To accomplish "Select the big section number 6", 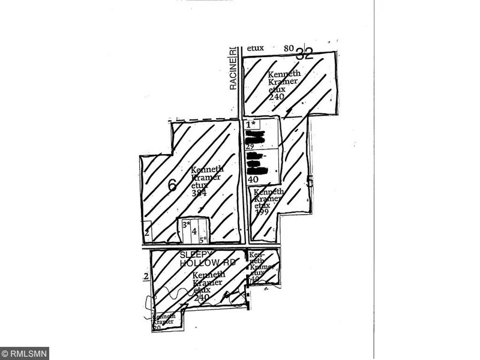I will pyautogui.click(x=172, y=186).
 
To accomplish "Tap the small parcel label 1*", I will pyautogui.click(x=251, y=124).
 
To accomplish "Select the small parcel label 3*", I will pyautogui.click(x=187, y=225).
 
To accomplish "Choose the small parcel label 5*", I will pyautogui.click(x=204, y=239).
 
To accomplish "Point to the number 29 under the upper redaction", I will pyautogui.click(x=250, y=146).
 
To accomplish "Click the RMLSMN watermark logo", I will pyautogui.click(x=25, y=353).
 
